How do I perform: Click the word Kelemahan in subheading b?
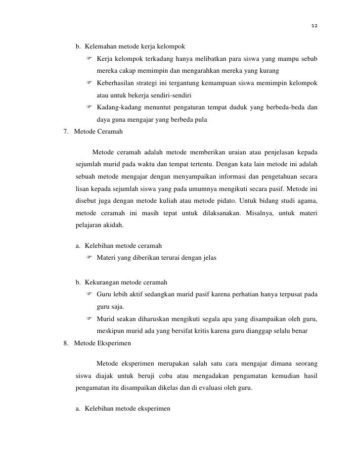click(x=100, y=47)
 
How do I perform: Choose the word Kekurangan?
click(x=102, y=283)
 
